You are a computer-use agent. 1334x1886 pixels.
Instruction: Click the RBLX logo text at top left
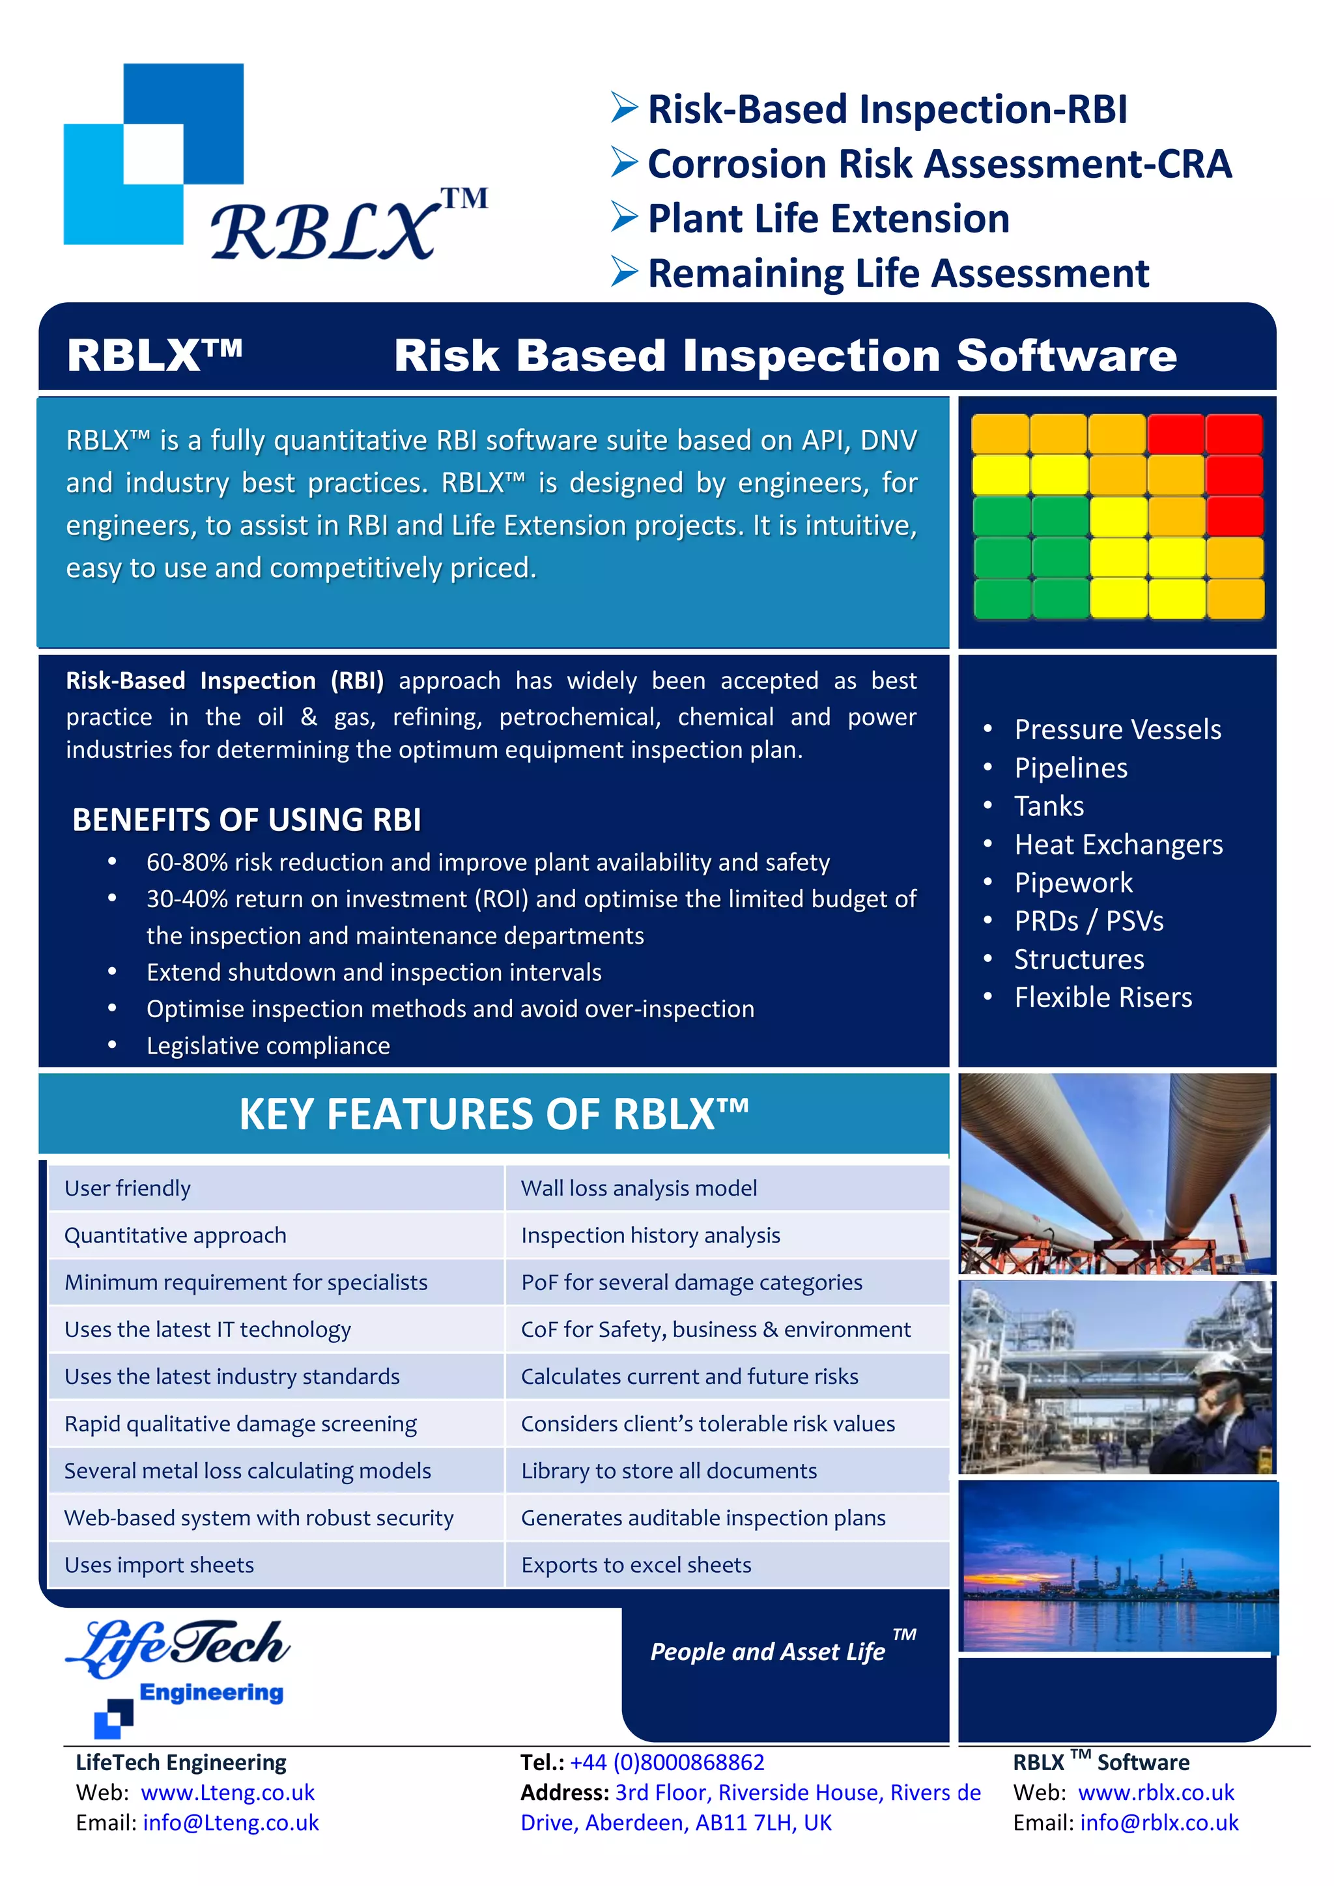[x=324, y=232]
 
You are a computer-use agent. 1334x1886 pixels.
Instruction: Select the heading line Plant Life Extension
[x=828, y=219]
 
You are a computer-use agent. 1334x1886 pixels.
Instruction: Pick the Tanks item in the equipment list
[x=1048, y=806]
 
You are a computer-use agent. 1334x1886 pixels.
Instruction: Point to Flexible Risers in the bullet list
[x=1102, y=997]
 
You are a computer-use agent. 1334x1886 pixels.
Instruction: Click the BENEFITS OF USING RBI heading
[x=246, y=820]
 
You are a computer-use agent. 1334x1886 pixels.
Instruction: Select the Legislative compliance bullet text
[x=268, y=1046]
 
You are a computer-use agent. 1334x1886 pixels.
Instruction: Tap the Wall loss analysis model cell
[x=639, y=1188]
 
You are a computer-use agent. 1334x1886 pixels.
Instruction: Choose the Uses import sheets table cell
[x=160, y=1565]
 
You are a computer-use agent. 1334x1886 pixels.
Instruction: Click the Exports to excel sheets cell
[x=636, y=1565]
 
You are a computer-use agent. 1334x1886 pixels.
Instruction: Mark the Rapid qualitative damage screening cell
[x=240, y=1424]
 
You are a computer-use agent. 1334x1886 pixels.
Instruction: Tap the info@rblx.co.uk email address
[x=1158, y=1823]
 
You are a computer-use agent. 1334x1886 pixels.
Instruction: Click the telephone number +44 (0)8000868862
[x=667, y=1762]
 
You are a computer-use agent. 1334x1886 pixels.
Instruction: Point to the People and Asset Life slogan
[x=768, y=1651]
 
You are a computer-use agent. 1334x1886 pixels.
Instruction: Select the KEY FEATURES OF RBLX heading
[x=493, y=1115]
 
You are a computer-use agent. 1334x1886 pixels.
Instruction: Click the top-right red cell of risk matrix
[x=1234, y=434]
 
